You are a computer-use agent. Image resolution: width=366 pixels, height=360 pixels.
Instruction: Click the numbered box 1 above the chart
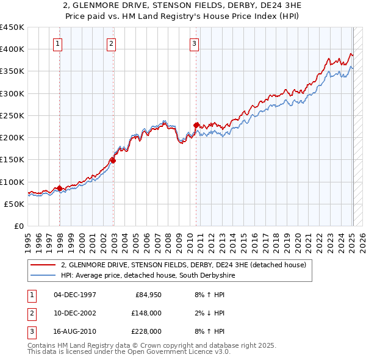tap(57, 43)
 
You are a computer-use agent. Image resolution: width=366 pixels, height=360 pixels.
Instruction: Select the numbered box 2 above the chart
tap(112, 43)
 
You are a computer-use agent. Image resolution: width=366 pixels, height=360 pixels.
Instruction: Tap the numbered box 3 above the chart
tap(194, 43)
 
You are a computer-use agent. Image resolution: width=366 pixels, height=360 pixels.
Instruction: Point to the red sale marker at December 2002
tap(113, 160)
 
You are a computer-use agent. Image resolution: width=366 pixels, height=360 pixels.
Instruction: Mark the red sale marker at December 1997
tap(60, 188)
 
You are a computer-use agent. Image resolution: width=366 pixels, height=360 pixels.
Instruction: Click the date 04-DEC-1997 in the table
tap(75, 295)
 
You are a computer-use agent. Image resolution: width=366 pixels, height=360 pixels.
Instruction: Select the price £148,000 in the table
tap(146, 313)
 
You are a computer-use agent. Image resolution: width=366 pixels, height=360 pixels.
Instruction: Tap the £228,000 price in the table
tap(146, 331)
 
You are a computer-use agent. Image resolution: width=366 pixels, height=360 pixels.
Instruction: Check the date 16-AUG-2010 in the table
tap(75, 331)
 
